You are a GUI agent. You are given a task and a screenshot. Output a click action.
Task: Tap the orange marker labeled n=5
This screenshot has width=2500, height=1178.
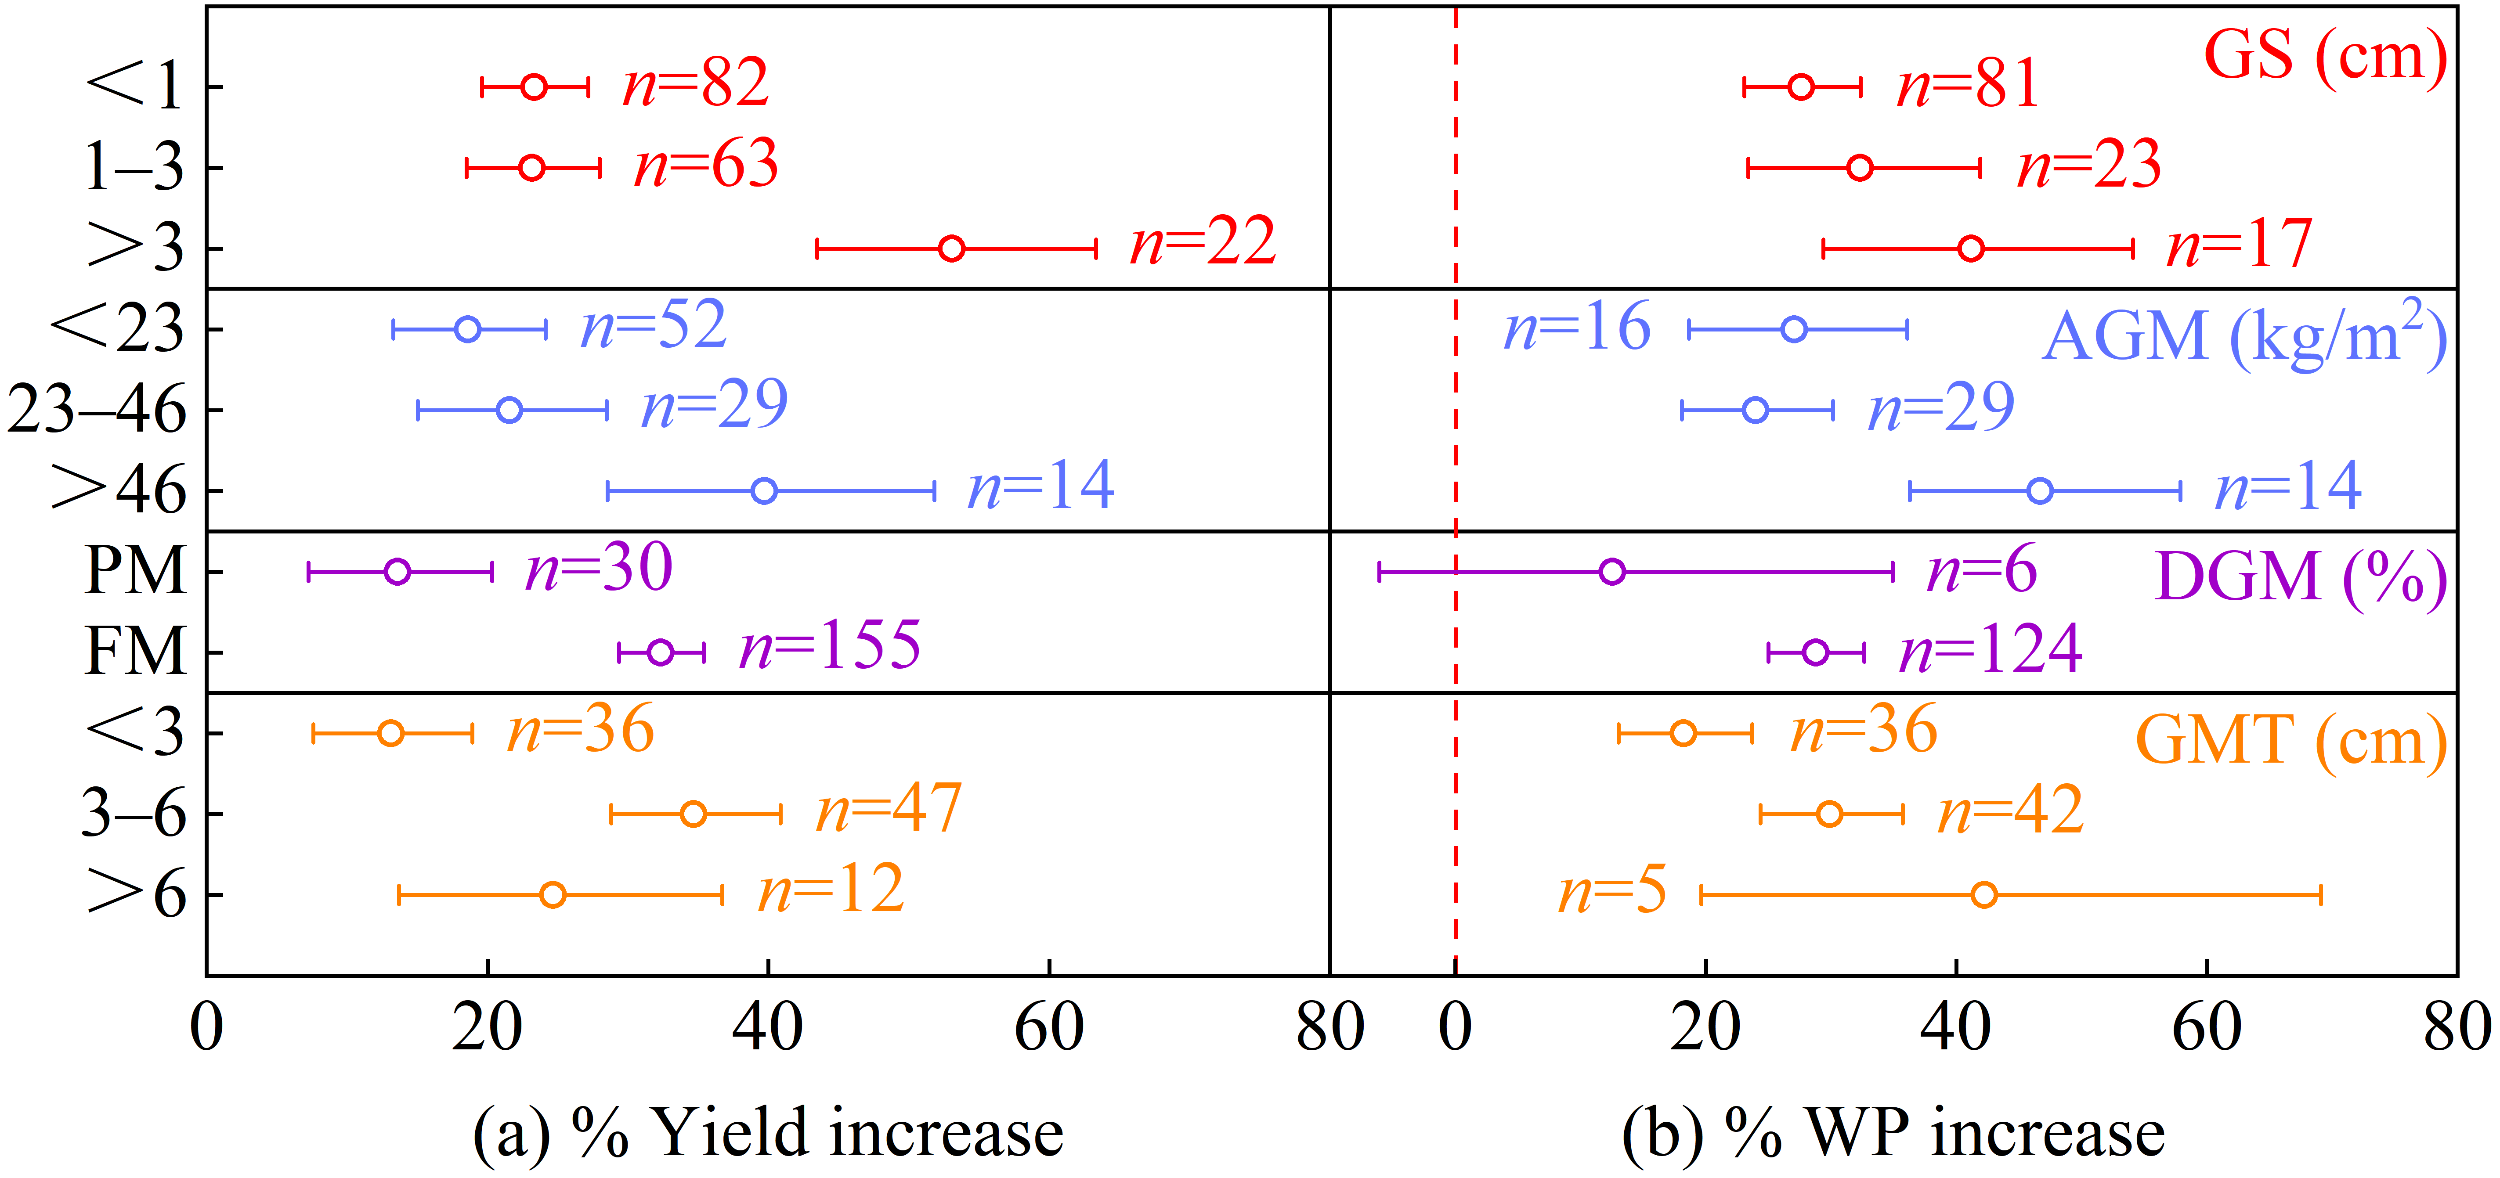click(1985, 895)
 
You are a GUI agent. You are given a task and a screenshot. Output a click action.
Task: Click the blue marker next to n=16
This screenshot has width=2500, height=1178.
click(1795, 329)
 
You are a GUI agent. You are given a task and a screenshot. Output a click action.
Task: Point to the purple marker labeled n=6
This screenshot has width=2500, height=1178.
click(1612, 572)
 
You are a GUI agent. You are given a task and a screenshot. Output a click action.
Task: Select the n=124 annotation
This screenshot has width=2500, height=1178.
click(1991, 649)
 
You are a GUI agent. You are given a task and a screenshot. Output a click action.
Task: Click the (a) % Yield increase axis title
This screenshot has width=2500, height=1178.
click(768, 1132)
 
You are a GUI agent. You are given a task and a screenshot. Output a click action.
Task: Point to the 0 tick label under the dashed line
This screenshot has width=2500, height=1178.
click(1455, 1029)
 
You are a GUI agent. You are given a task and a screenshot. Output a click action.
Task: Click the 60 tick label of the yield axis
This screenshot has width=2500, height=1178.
click(1049, 1029)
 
